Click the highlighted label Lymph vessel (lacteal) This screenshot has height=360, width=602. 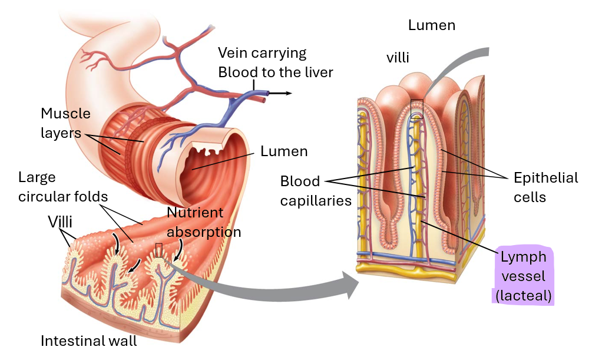523,276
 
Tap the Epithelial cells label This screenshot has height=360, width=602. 545,187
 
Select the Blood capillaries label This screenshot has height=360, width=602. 316,191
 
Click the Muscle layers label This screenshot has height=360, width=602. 65,123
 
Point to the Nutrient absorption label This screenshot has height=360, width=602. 204,222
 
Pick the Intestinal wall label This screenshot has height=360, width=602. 88,341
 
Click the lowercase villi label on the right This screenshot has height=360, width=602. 398,58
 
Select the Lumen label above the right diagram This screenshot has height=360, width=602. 431,25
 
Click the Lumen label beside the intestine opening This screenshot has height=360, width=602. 284,151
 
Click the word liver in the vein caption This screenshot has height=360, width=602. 317,72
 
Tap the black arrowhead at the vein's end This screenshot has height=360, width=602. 289,93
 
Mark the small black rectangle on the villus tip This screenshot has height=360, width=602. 416,108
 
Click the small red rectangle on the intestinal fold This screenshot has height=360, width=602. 158,250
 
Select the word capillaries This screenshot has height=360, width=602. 316,201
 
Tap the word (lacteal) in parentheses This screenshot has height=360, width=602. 523,295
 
